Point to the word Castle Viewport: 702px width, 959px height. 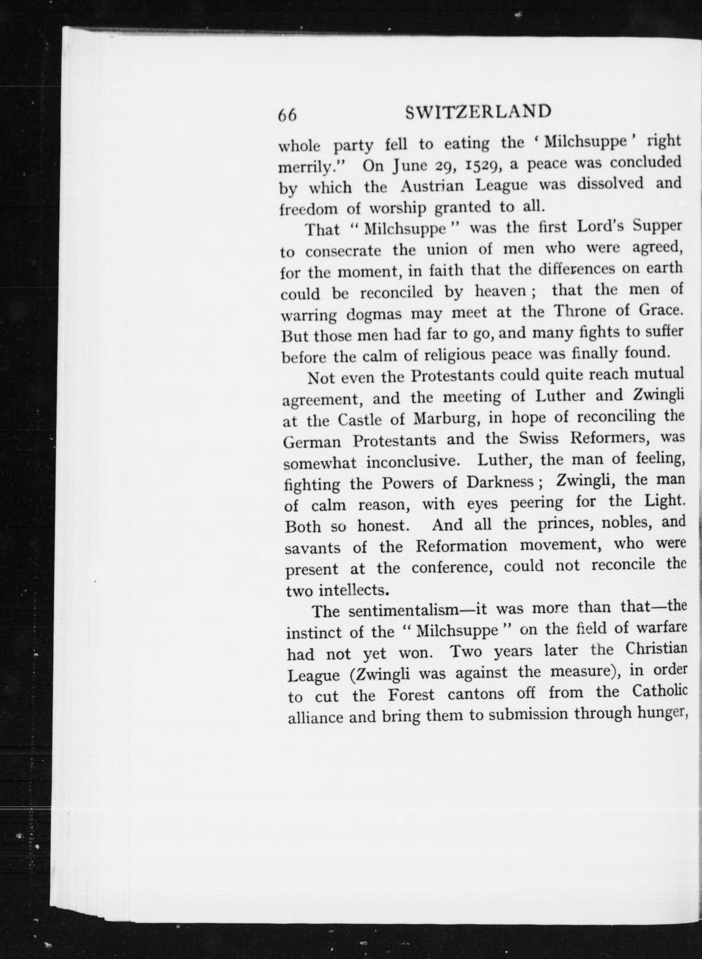tap(360, 420)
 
